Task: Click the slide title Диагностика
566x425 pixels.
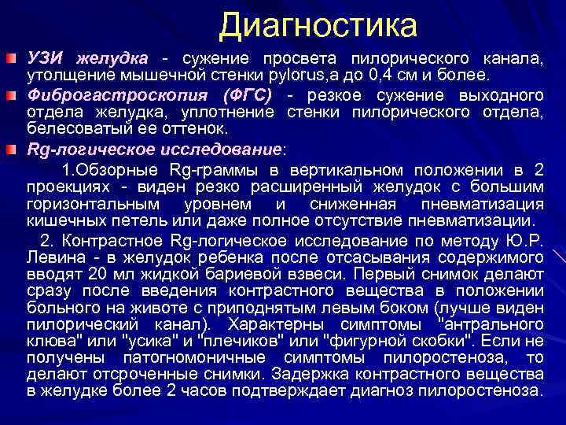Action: pyautogui.click(x=318, y=25)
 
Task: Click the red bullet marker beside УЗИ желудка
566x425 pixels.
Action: pyautogui.click(x=9, y=60)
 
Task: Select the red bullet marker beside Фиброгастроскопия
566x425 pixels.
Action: pyautogui.click(x=9, y=94)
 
